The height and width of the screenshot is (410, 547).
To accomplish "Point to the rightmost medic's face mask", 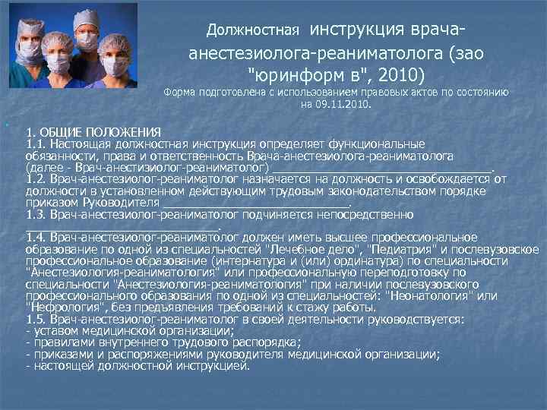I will point(115,67).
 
